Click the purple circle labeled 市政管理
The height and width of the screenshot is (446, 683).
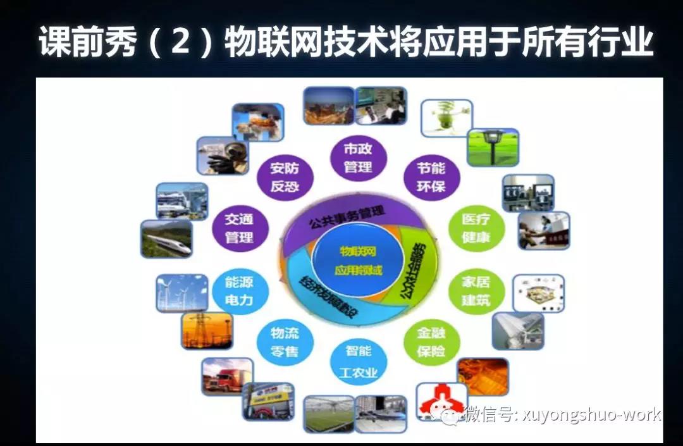coord(358,158)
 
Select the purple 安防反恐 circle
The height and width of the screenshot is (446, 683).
coord(285,178)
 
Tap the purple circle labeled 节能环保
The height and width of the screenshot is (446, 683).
coord(431,178)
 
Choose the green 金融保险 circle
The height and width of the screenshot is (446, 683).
coord(431,342)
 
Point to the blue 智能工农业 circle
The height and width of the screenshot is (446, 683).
coord(358,361)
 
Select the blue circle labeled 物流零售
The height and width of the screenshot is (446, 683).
coord(285,342)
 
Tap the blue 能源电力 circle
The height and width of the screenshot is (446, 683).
coord(238,290)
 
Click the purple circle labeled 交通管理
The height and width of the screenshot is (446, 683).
coord(238,228)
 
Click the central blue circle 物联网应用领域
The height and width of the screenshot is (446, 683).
coord(358,259)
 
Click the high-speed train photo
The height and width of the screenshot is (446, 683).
coord(166,238)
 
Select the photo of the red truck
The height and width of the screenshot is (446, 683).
coord(227,376)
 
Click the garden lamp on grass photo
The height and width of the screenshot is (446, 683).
coord(493,147)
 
